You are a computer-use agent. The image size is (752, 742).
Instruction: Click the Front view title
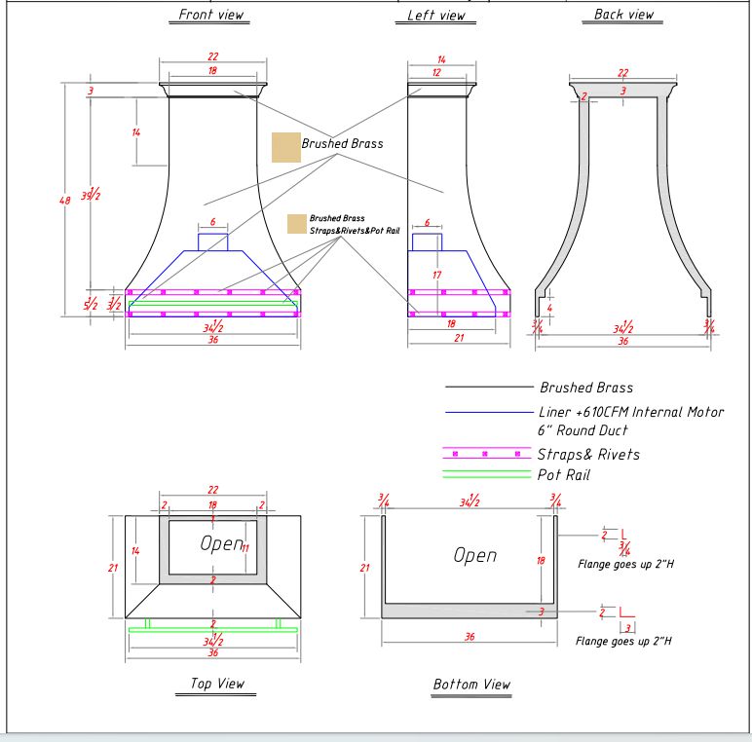pos(212,15)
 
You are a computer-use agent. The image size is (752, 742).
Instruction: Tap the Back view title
pos(623,15)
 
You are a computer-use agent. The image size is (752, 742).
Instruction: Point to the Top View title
pos(214,684)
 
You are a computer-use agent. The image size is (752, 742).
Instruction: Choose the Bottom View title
pos(471,684)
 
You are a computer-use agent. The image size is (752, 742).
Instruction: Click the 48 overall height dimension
pos(65,201)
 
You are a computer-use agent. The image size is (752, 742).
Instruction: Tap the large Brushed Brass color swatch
pos(285,147)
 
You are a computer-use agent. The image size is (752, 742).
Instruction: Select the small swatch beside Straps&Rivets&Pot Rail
pos(296,224)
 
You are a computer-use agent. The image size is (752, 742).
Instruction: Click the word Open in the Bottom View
pos(474,555)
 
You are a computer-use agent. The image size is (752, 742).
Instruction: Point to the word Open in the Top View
pos(221,543)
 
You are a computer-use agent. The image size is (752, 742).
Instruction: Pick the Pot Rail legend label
pos(563,474)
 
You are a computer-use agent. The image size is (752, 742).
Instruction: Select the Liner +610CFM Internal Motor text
pos(631,412)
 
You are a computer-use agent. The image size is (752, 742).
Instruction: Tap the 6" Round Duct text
pos(583,430)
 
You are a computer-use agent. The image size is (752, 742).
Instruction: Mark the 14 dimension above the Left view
pos(440,60)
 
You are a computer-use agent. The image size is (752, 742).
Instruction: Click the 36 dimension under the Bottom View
pos(469,637)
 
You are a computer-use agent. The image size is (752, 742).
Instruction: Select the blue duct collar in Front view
pos(213,241)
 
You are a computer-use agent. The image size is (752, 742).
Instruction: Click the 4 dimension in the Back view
pos(550,309)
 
